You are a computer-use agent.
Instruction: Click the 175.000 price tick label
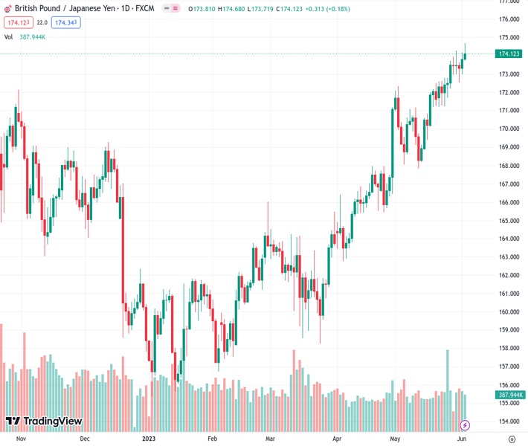tap(509, 38)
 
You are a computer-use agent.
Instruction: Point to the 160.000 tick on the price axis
tap(509, 312)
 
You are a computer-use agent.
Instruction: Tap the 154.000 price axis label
tap(509, 421)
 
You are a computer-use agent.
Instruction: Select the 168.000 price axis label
tap(509, 166)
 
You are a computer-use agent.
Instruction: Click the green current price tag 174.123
tap(509, 54)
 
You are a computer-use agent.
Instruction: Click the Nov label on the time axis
tap(21, 439)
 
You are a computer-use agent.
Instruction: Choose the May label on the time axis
tap(395, 439)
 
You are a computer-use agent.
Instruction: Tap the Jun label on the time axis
tap(462, 439)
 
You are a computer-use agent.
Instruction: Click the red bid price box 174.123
tap(17, 23)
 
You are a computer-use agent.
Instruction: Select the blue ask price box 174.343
tap(66, 23)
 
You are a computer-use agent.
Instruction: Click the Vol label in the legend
tap(8, 36)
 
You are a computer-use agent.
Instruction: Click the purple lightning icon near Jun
tap(465, 425)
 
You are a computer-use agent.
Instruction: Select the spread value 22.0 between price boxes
tap(42, 23)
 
